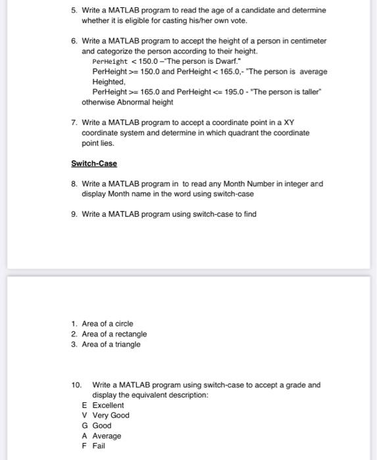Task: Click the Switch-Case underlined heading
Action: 94,164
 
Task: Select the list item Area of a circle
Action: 107,323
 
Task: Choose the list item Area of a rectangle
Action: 114,334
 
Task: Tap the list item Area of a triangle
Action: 111,344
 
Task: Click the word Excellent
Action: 108,405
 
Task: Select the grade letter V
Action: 85,415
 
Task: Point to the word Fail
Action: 99,446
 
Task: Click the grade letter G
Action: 85,426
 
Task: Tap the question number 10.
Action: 76,385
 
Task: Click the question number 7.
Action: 75,123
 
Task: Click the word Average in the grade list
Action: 107,436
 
